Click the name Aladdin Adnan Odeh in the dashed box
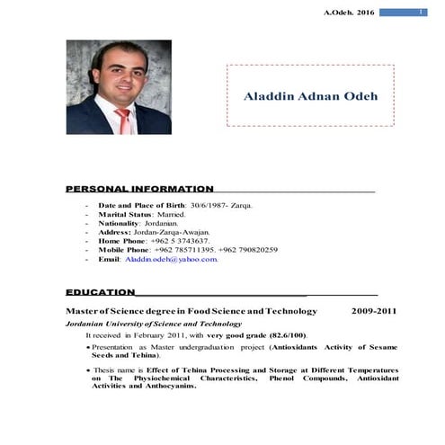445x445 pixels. click(311, 96)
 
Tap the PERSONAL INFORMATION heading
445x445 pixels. click(139, 189)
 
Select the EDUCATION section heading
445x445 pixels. click(101, 292)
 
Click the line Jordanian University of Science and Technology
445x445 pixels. click(153, 323)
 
